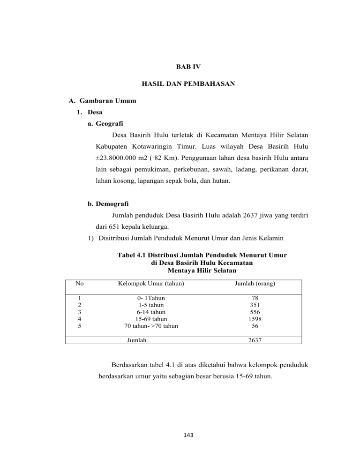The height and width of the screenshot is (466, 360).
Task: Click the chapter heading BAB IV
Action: coord(180,67)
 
